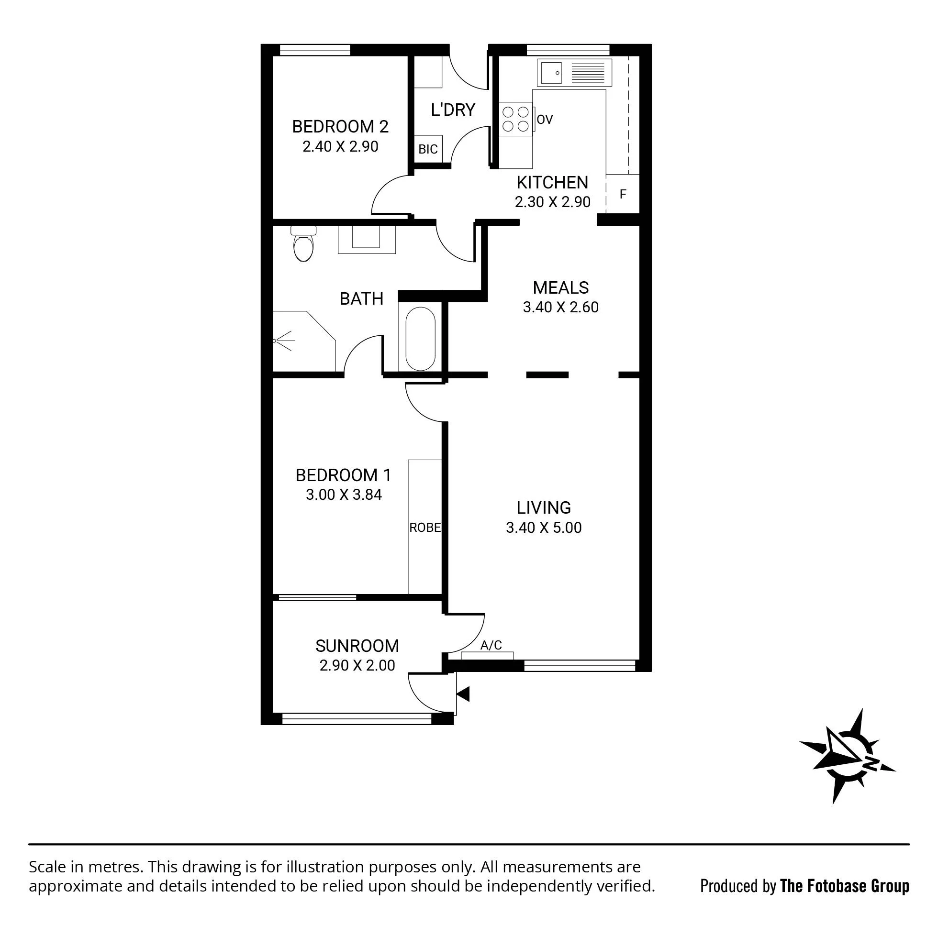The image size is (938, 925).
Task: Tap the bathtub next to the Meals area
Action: click(x=421, y=339)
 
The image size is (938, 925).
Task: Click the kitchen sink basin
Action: click(x=551, y=73)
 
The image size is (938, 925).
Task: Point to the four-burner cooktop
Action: click(x=515, y=120)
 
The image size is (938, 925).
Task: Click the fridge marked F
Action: click(x=623, y=194)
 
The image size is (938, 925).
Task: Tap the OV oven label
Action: click(x=545, y=120)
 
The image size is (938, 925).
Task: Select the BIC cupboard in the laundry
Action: click(x=428, y=150)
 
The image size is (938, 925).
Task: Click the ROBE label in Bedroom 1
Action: click(x=425, y=528)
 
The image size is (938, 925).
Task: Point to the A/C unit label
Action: click(x=491, y=646)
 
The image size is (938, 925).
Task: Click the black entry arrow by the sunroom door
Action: click(x=463, y=694)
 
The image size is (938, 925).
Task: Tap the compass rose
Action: click(x=847, y=762)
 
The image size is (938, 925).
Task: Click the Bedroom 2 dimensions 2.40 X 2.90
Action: click(x=340, y=146)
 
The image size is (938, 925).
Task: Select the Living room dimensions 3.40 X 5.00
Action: click(x=544, y=528)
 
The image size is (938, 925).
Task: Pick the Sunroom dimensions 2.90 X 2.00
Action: click(x=357, y=665)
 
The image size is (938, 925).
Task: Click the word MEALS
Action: click(x=561, y=288)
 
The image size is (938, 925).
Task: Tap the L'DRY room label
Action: click(x=453, y=110)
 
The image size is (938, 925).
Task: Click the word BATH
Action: click(x=362, y=299)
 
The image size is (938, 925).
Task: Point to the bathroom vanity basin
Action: click(x=367, y=239)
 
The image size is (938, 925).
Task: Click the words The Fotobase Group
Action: click(x=845, y=886)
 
